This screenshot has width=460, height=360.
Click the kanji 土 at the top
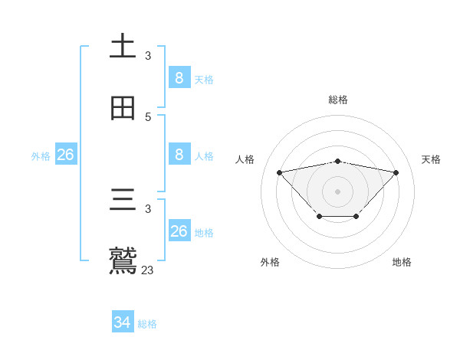pos(123,46)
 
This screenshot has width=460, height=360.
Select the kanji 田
pos(123,110)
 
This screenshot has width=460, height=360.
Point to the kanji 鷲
pos(123,260)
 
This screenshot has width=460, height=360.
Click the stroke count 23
pos(148,270)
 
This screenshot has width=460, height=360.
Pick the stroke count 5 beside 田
pos(148,117)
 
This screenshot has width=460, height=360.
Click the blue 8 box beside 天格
pos(179,78)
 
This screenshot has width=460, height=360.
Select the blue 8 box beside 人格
pos(179,155)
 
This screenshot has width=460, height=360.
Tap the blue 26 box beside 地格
pos(179,231)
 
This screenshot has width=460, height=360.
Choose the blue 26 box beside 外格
pos(65,155)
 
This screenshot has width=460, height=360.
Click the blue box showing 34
pos(122,322)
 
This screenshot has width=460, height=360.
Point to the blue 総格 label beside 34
pos(147,324)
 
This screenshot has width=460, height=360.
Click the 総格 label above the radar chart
pos(338,100)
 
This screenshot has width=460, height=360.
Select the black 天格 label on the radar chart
pos(432,159)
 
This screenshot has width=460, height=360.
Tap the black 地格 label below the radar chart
pos(402,262)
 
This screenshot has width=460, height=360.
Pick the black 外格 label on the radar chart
pos(269,262)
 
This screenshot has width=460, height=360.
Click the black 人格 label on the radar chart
pos(245,159)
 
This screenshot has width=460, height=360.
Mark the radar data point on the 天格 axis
pos(396,172)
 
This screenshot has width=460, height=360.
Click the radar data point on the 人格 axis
pos(279,172)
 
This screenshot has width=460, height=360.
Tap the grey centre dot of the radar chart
pos(338,191)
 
